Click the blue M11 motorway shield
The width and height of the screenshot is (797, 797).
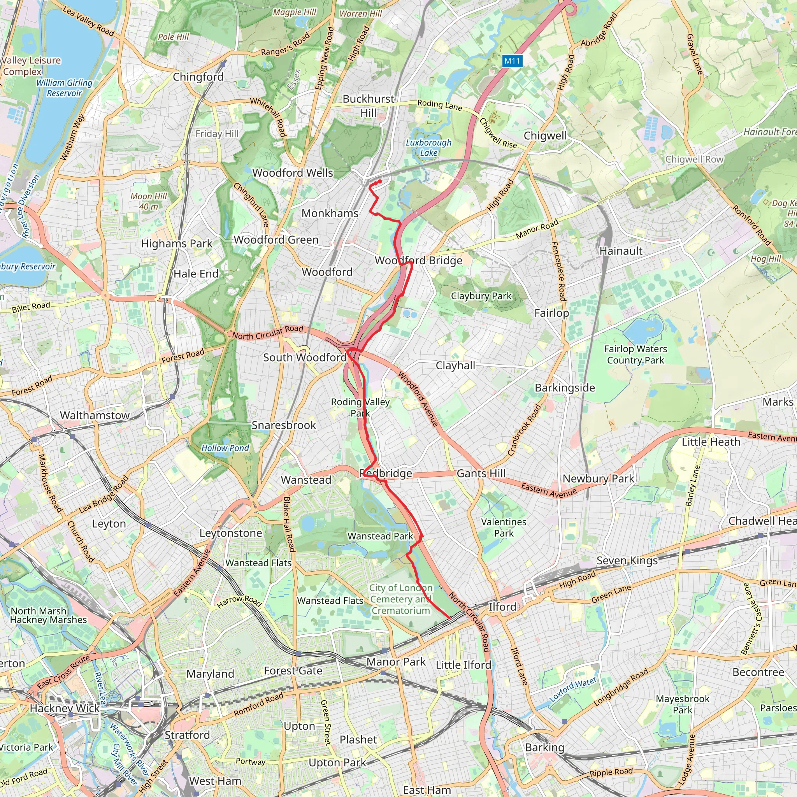513,61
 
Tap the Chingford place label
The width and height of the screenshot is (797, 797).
198,77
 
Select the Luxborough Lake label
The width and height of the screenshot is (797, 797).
428,147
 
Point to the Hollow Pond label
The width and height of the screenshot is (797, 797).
225,448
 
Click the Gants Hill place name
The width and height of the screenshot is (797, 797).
481,473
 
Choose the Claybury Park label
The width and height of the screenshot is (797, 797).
481,296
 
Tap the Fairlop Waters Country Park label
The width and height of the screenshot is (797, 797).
635,355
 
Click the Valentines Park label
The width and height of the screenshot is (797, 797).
504,527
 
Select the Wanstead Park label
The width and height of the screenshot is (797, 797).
380,536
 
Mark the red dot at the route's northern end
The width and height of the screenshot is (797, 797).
379,181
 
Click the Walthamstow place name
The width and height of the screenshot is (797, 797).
95,415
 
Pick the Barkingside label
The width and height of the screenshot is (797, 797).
565,388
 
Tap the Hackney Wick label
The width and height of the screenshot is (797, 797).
65,708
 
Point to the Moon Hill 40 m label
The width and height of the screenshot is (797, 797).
149,201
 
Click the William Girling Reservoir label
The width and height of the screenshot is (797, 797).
64,88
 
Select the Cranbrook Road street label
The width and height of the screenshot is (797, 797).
524,430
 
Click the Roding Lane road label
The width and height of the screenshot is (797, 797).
440,105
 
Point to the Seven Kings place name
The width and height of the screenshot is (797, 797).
627,561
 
